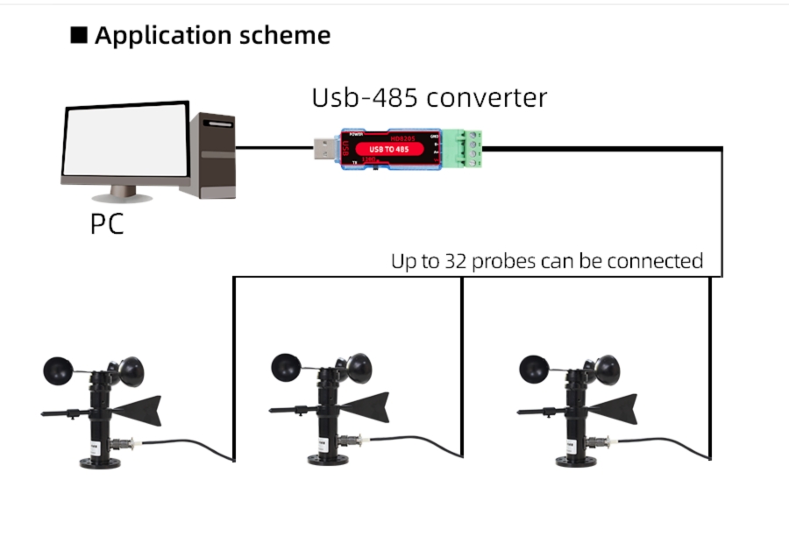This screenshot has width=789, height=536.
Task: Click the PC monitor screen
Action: point(126,141)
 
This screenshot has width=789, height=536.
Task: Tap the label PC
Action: point(107,224)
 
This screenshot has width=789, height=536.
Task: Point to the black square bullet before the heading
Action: point(79,36)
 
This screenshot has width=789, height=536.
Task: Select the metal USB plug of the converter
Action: point(326,149)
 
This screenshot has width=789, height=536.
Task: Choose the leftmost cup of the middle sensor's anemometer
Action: point(286,366)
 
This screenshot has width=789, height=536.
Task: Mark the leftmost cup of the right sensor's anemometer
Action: point(533,366)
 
